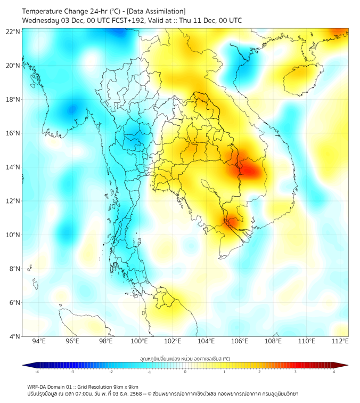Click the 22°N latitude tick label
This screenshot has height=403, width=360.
[x=13, y=31]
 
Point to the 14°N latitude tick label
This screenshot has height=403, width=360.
[x=13, y=167]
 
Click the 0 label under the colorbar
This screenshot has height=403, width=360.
[x=185, y=372]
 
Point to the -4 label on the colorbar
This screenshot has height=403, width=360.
[x=37, y=372]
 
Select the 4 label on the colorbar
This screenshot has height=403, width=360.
[x=334, y=372]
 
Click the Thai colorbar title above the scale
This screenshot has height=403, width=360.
[x=185, y=358]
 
